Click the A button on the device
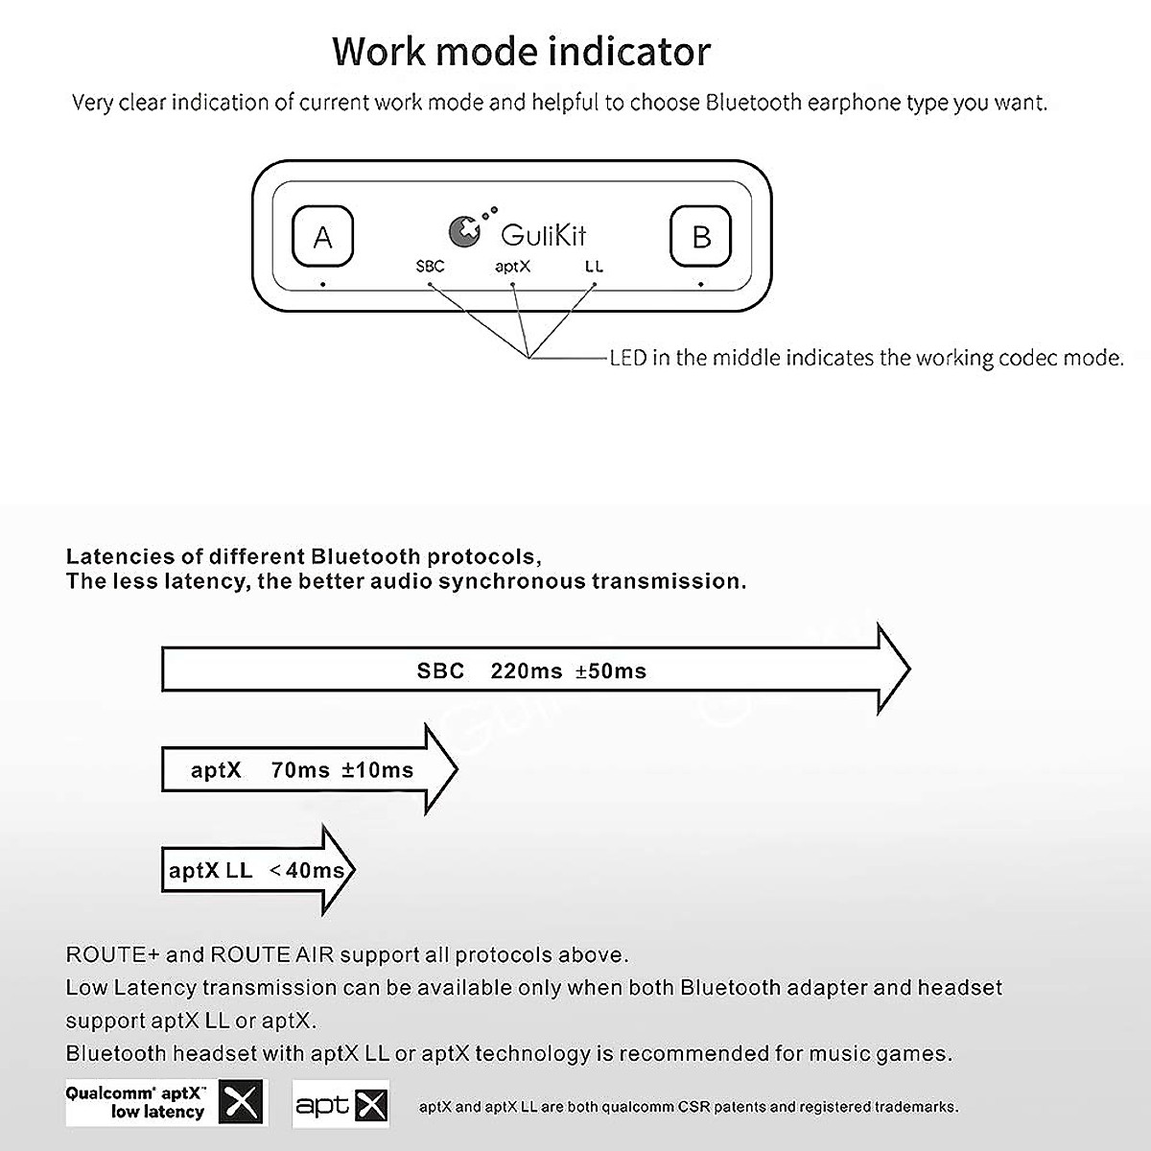322,236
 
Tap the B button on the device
701,236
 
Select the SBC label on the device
431,266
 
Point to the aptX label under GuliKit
512,266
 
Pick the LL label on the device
594,266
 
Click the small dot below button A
323,284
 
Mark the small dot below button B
701,284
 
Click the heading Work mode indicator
522,51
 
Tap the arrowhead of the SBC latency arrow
892,669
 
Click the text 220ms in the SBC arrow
526,671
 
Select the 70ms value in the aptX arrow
300,770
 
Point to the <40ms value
311,871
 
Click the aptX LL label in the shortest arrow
210,871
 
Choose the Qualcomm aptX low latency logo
165,1102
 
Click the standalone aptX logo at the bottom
341,1103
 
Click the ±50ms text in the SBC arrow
611,671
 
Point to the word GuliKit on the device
544,235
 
